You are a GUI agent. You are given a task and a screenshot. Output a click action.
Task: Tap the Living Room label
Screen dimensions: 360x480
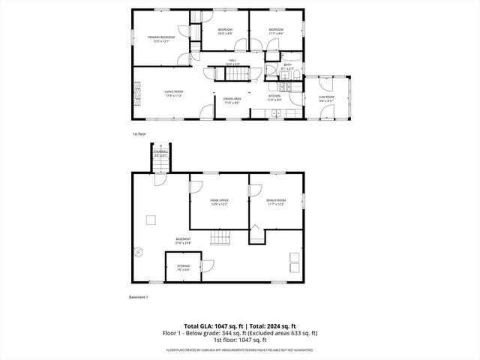(174, 92)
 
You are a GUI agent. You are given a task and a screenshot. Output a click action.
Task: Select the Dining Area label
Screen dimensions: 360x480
(232, 100)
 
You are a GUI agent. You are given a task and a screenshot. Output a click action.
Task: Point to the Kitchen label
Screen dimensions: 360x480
(275, 97)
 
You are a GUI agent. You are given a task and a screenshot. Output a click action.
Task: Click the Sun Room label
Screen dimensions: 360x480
(326, 97)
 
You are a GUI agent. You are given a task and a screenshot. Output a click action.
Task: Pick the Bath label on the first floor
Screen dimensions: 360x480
(286, 67)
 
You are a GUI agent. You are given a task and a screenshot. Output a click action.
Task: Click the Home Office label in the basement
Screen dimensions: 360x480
(219, 201)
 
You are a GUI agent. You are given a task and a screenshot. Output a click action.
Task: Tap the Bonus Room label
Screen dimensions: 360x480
(276, 201)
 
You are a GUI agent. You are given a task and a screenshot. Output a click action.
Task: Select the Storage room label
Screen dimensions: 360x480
(184, 266)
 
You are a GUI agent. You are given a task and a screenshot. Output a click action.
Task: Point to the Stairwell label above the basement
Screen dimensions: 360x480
(160, 154)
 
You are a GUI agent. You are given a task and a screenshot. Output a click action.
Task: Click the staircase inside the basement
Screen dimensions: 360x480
(220, 238)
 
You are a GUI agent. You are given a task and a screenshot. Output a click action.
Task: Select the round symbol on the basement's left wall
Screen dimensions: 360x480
(136, 252)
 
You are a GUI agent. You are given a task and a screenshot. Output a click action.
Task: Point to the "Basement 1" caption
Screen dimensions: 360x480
(139, 297)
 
